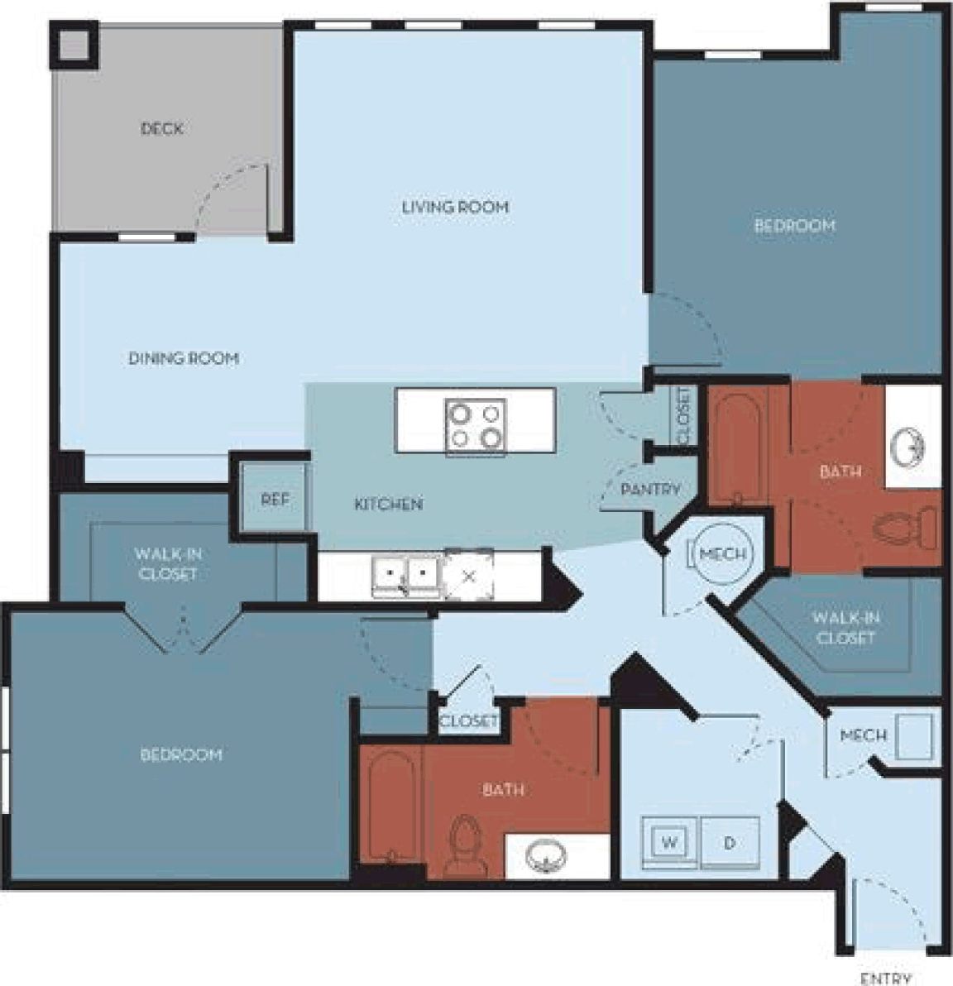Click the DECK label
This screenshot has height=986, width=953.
[x=161, y=128]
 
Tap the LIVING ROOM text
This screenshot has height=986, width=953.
[x=455, y=207]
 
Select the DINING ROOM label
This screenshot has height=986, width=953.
[x=184, y=358]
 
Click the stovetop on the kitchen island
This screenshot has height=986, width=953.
[x=476, y=425]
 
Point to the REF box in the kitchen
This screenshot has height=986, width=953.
[x=275, y=500]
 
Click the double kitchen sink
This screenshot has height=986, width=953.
[x=405, y=572]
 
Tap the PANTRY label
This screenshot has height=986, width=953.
[x=650, y=489]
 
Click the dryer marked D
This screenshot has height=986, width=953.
[x=730, y=843]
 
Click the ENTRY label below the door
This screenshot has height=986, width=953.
[x=886, y=979]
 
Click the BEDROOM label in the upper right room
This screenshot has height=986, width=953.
[x=794, y=225]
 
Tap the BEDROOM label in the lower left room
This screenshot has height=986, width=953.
[x=180, y=754]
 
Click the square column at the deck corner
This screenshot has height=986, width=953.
[x=74, y=45]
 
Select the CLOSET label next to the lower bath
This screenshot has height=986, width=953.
[x=468, y=721]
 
